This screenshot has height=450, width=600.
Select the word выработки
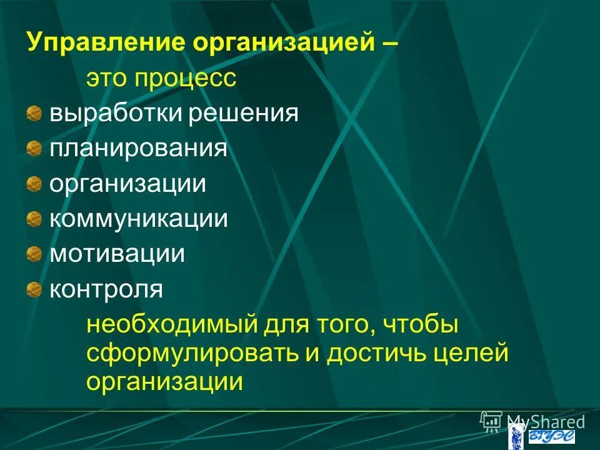[104, 114]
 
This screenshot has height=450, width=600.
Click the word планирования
[138, 149]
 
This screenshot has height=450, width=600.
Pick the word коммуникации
[138, 219]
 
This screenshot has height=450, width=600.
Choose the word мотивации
[117, 254]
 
